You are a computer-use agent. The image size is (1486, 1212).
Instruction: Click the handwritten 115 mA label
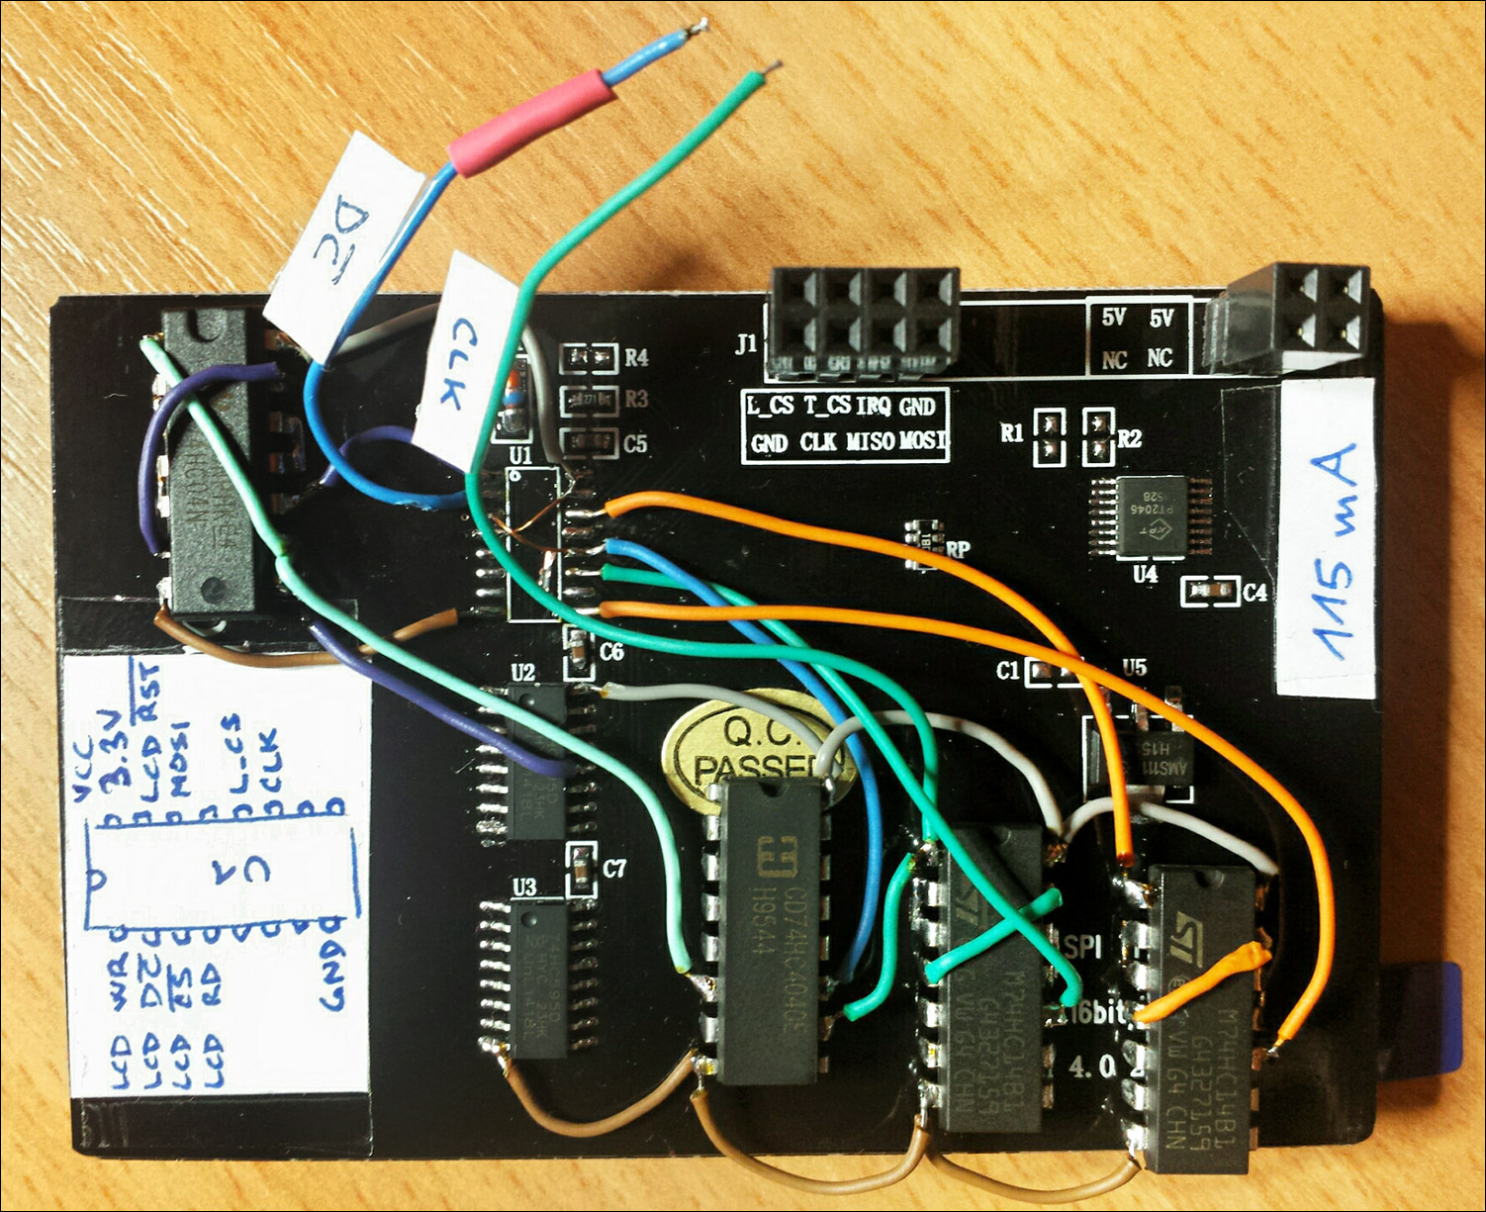pyautogui.click(x=1327, y=538)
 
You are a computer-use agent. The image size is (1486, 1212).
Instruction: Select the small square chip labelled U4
pyautogui.click(x=1152, y=515)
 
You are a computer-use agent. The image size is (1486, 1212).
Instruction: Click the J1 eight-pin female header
pyautogui.click(x=865, y=322)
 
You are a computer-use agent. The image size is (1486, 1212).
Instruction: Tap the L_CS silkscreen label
pyautogui.click(x=771, y=405)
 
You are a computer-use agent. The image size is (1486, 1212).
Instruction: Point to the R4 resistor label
pyautogui.click(x=635, y=357)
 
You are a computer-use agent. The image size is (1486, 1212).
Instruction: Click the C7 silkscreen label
pyautogui.click(x=614, y=869)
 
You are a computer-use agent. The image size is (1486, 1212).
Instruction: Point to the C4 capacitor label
pyautogui.click(x=1254, y=593)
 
